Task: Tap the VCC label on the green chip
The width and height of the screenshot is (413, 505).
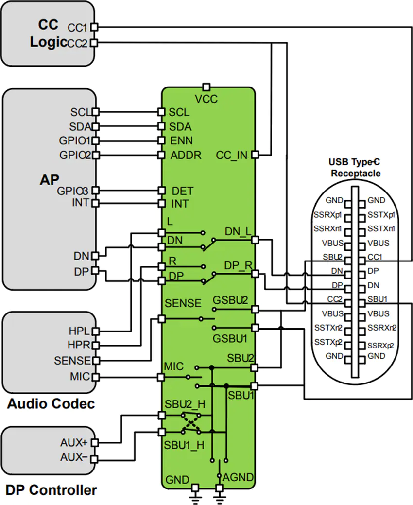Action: click(206, 99)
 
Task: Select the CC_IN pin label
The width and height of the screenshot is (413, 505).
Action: click(231, 156)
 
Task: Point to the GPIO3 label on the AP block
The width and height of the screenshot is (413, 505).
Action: click(74, 190)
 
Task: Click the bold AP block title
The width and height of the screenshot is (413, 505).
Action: click(49, 179)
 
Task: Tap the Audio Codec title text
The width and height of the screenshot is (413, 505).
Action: click(51, 404)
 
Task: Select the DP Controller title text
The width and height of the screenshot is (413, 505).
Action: click(51, 490)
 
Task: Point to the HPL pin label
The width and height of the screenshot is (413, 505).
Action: click(79, 331)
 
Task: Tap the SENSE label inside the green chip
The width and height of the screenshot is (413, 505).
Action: click(183, 303)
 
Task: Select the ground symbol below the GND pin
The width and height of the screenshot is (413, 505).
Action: click(195, 497)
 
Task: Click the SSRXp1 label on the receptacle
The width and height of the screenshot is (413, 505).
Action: click(328, 214)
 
